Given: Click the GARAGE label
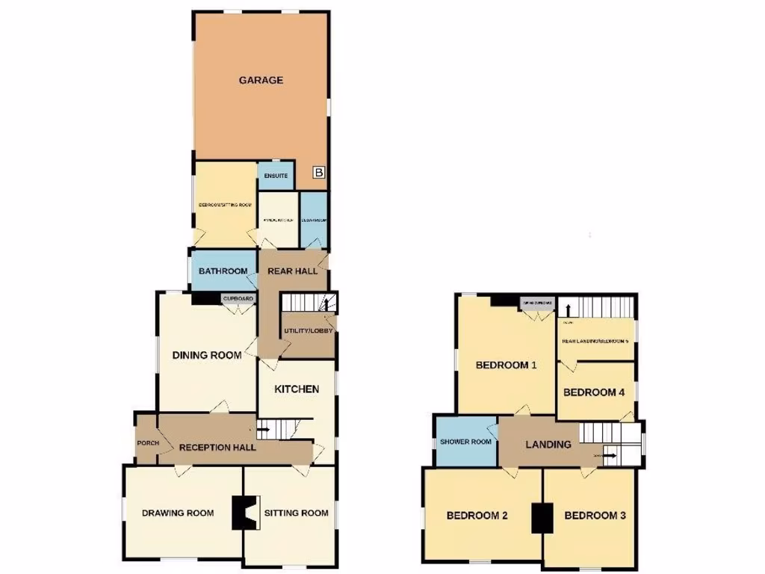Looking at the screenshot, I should (x=261, y=80).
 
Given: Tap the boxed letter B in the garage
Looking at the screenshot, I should (x=319, y=173).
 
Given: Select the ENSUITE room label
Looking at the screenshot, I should (x=276, y=176).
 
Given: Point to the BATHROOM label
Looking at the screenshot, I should (x=223, y=271).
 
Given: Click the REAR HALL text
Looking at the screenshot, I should (x=293, y=271).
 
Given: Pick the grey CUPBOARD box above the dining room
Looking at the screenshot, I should (x=238, y=299).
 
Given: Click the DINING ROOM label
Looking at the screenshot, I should (x=207, y=355).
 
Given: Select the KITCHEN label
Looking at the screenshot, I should (x=297, y=389).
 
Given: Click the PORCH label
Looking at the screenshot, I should (x=148, y=443).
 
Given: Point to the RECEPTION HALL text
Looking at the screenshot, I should (x=217, y=448).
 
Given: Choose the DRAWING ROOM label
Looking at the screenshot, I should (x=178, y=513).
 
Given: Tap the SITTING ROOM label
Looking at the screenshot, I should (x=296, y=513).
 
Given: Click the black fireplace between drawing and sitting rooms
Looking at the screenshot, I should (x=243, y=513).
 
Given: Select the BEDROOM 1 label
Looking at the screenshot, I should (x=507, y=365).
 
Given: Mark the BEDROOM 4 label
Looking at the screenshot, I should (x=594, y=392).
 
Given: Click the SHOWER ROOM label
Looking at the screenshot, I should (x=465, y=442).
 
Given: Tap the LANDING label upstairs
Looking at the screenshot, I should (x=548, y=444).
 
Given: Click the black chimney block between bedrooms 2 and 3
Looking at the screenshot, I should (x=542, y=518).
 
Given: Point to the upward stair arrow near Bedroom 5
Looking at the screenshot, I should (x=568, y=309).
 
